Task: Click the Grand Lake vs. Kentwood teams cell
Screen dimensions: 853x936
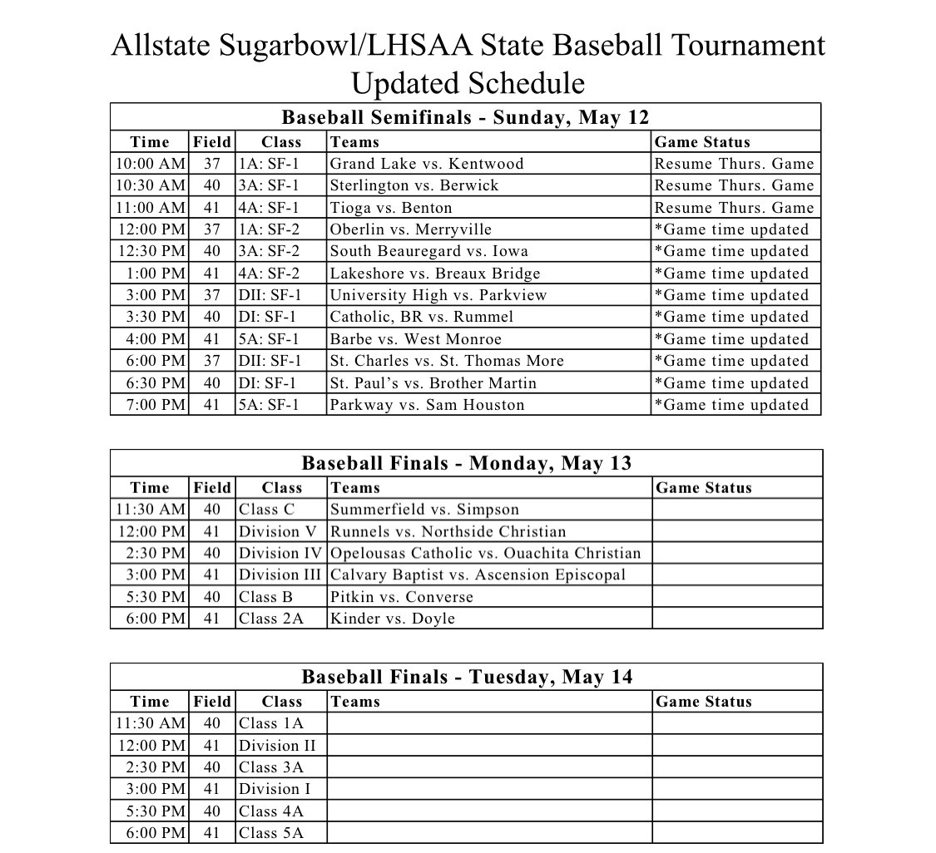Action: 426,164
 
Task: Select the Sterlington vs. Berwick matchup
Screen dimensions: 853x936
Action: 414,185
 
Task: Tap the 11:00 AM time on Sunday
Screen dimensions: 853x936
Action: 150,208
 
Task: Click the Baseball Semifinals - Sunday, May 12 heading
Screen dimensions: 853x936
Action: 465,117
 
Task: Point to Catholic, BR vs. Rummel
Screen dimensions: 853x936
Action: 421,317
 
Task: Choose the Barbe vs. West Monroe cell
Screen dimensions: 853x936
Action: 415,339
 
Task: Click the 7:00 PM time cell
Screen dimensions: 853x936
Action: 150,405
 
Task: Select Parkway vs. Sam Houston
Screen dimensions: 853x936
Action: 427,405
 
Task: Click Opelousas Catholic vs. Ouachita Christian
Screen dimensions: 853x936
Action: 485,553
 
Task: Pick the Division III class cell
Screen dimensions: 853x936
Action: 280,574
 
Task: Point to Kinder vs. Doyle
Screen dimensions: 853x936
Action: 392,619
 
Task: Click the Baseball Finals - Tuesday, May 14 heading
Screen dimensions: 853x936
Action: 466,677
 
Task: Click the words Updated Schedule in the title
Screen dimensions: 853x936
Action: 468,83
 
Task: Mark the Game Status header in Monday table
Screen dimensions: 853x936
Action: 703,488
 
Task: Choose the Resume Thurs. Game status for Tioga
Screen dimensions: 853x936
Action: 734,208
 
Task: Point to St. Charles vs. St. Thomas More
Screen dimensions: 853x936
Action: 446,361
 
